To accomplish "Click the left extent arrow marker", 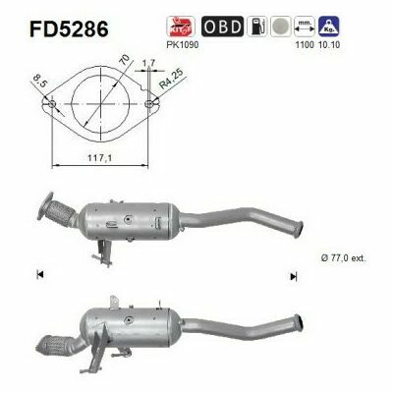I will coord(39,276).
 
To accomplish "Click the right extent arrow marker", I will coord(293,276).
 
